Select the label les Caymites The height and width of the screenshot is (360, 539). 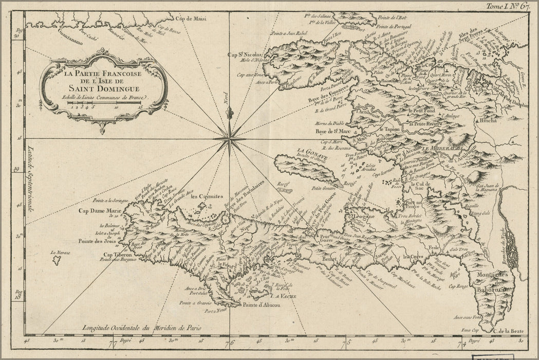[x=205, y=196]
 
